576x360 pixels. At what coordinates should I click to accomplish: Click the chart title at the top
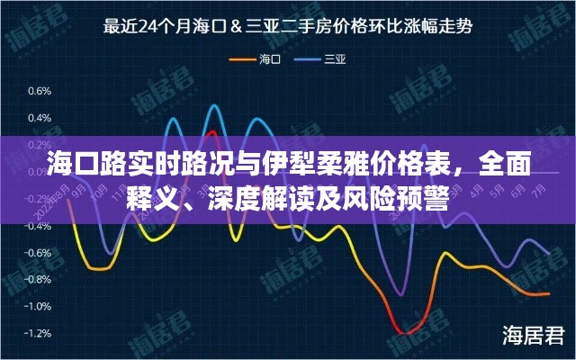click(288, 26)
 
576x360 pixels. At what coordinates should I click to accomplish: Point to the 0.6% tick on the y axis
click(39, 90)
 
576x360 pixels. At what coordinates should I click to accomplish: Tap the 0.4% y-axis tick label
click(39, 117)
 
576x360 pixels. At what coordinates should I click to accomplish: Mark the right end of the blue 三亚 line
click(549, 253)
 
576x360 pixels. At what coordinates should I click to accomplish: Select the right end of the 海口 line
click(549, 294)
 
